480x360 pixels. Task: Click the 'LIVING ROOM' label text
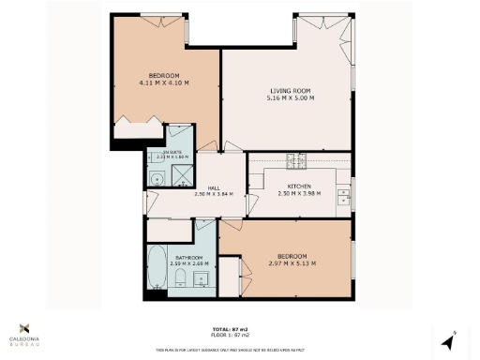coord(289,90)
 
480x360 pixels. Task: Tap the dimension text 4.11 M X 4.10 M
coord(164,82)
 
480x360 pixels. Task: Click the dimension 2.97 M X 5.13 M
coord(291,262)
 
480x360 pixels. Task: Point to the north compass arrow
coord(450,337)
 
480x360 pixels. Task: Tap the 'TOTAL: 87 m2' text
coord(231,329)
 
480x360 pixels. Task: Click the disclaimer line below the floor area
coord(231,349)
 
